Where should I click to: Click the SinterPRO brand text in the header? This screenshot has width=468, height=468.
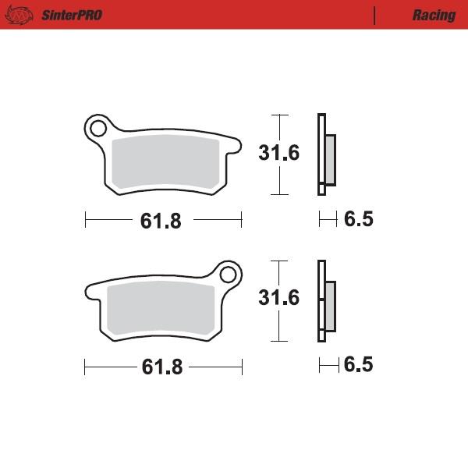tap(69, 15)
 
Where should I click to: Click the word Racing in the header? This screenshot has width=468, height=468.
tap(434, 15)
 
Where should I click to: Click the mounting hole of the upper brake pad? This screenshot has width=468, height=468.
tap(98, 127)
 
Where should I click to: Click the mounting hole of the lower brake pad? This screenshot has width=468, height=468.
tap(228, 275)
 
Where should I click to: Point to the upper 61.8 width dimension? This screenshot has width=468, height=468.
tap(161, 221)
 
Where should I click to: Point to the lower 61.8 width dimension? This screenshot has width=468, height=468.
tap(161, 367)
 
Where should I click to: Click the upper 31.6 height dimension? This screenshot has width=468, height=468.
tap(279, 153)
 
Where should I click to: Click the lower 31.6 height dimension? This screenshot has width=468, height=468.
tap(279, 298)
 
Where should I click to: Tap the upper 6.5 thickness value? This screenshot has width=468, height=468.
tap(359, 220)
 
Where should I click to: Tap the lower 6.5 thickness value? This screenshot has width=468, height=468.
tap(359, 365)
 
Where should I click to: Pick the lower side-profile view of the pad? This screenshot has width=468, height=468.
tap(324, 300)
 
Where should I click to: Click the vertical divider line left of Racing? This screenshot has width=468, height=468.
tap(375, 15)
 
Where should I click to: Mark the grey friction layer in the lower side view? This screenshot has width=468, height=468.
tap(329, 305)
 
